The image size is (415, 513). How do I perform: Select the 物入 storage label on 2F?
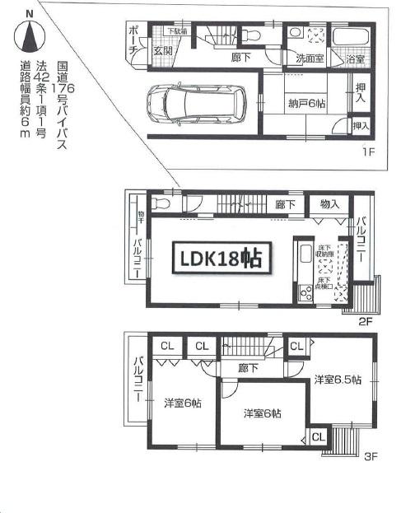(x=329, y=203)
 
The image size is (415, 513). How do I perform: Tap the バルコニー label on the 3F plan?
(x=138, y=385)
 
